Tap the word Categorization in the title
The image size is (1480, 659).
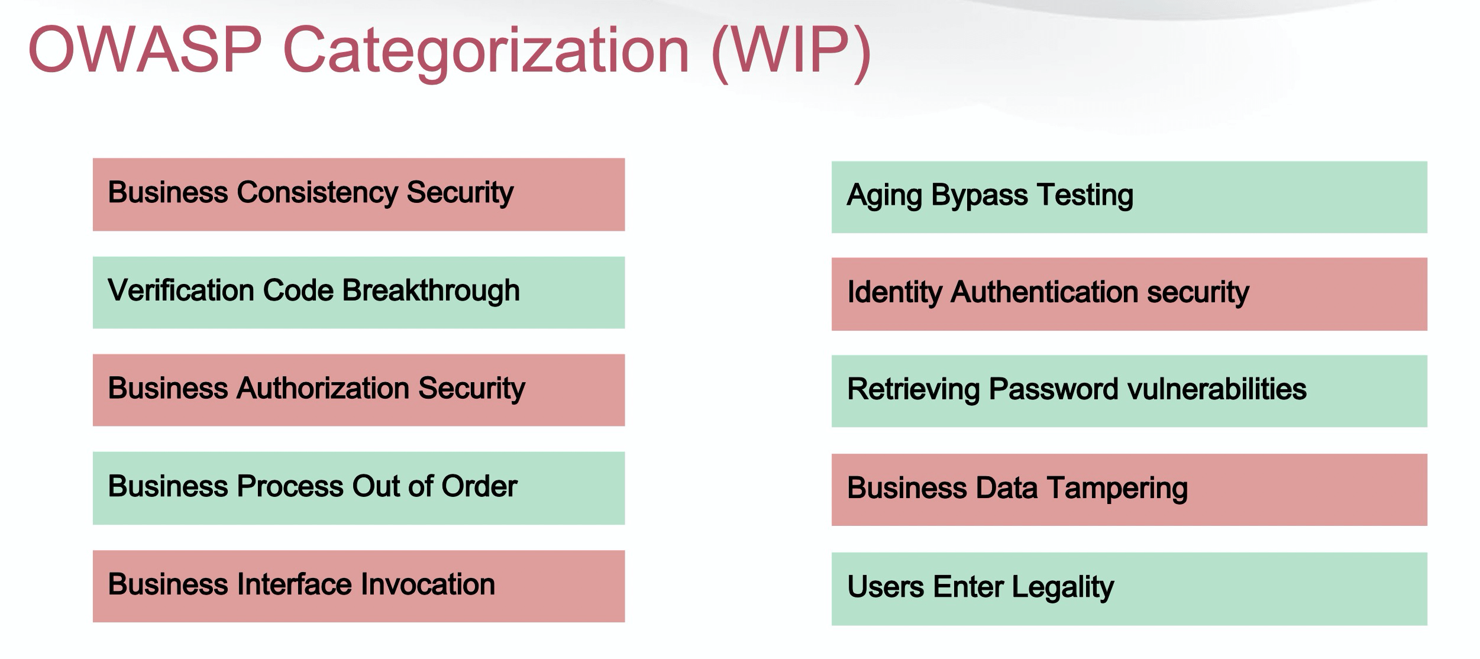pos(486,54)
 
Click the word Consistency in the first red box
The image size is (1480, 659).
pos(316,193)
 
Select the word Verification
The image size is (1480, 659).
pos(180,290)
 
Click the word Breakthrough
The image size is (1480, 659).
pos(431,291)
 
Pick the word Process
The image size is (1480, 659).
pos(289,486)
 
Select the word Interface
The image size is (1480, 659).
pos(293,584)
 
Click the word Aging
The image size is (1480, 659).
pos(884,196)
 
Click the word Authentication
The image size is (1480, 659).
pos(1044,292)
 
